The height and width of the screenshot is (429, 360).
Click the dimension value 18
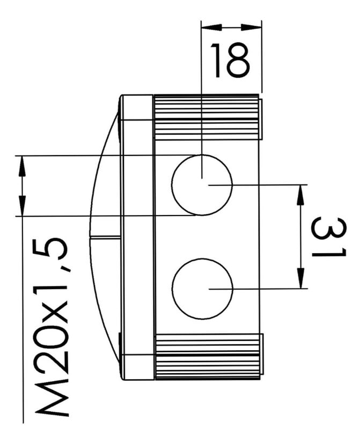coord(230,60)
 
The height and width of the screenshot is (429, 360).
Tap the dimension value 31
coord(329,237)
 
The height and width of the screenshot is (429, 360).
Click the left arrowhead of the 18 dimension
coord(211,27)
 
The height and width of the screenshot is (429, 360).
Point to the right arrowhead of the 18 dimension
coord(251,27)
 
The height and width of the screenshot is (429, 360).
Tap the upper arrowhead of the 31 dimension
coord(300,195)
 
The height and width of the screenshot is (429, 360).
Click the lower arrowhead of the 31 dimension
coord(300,278)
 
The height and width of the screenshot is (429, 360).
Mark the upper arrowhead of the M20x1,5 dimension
coord(22,166)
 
